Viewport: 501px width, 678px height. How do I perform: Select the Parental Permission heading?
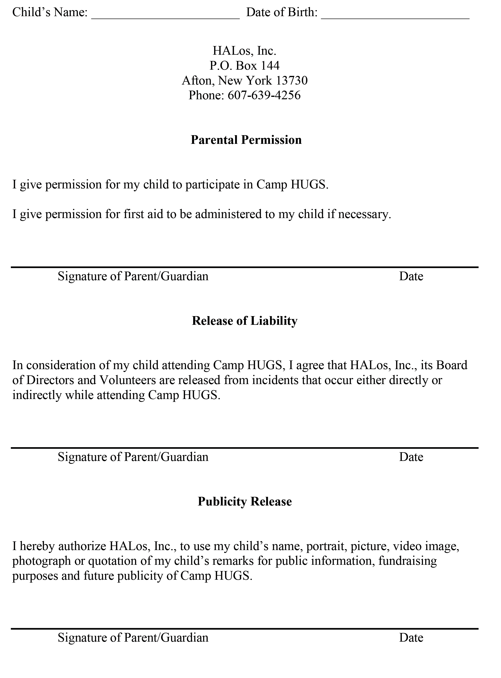[246, 140]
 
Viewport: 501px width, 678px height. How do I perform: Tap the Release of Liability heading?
[244, 321]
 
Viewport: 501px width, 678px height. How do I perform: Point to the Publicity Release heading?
[244, 501]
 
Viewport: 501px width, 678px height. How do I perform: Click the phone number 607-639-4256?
[264, 95]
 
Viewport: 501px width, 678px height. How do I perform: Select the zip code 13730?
[292, 80]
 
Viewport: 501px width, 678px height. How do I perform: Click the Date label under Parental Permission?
[411, 276]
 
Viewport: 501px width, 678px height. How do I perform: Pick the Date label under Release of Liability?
[411, 457]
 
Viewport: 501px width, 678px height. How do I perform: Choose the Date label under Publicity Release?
[411, 638]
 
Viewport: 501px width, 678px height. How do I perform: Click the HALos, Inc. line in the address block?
[244, 51]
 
